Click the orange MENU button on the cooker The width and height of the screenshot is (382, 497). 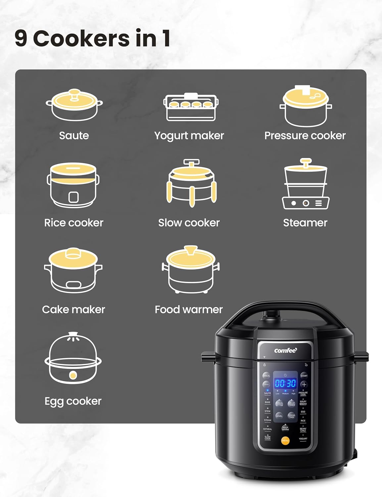tap(285, 440)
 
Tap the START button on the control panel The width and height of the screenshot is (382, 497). tap(304, 376)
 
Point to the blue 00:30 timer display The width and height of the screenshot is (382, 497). tap(285, 383)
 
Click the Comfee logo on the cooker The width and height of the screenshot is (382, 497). tap(285, 351)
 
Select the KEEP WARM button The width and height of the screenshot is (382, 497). tap(285, 428)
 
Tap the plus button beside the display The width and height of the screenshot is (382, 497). tap(304, 385)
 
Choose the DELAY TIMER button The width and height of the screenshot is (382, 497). tap(291, 404)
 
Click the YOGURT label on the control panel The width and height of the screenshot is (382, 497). tap(303, 439)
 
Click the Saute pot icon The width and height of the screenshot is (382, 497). tap(74, 105)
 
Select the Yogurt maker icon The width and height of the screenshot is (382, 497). tap(191, 107)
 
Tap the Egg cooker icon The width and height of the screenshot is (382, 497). tap(73, 359)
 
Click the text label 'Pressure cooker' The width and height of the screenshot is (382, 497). tap(305, 136)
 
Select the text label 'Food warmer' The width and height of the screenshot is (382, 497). tap(189, 309)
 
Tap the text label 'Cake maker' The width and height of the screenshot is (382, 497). tap(73, 309)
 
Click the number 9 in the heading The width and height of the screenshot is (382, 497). tap(21, 38)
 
